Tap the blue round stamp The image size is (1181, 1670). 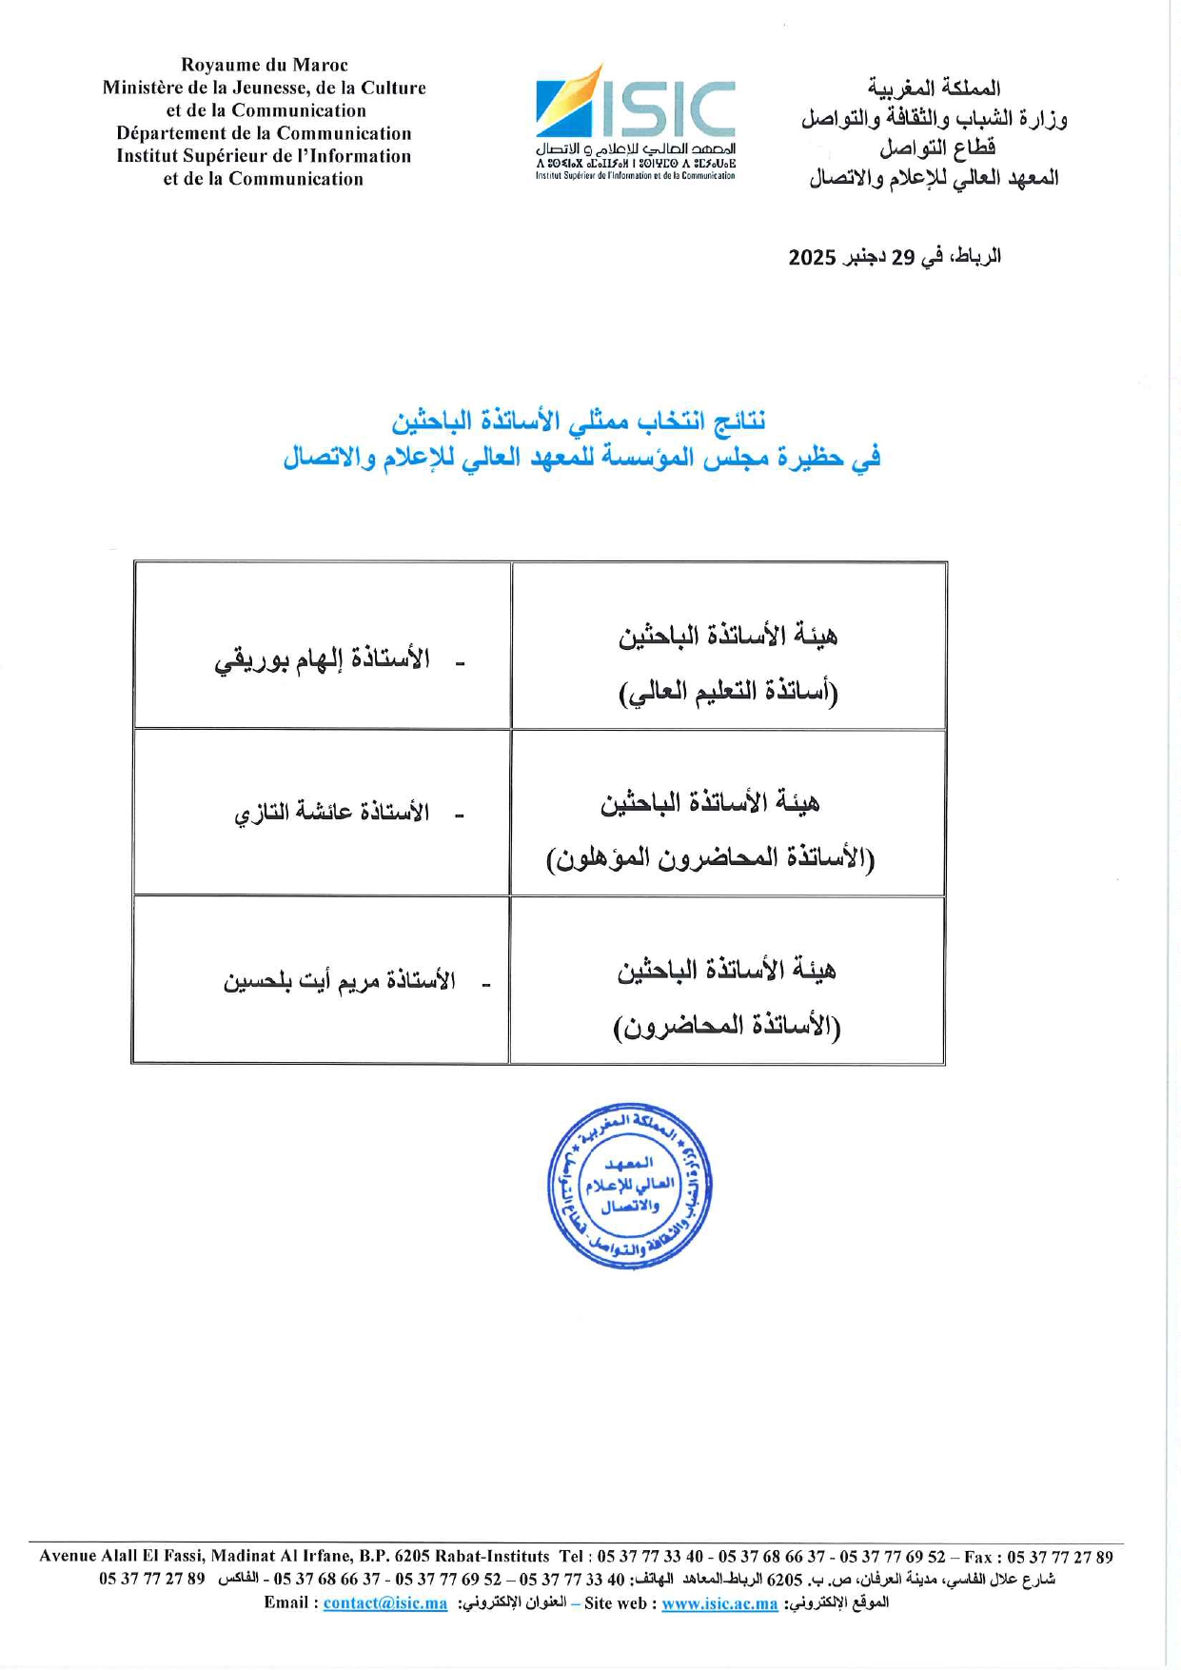629,1186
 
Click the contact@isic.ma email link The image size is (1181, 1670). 384,1603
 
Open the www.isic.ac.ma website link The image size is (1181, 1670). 719,1603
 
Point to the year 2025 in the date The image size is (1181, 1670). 812,257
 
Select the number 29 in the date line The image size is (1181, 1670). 901,257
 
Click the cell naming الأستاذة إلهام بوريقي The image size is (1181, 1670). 322,659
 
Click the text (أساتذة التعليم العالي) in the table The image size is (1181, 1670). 728,692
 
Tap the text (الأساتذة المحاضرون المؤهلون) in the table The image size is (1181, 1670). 710,859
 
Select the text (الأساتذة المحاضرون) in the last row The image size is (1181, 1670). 727,1027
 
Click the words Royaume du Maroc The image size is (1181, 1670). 265,65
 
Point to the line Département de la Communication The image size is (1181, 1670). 265,133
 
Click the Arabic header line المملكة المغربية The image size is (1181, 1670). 934,88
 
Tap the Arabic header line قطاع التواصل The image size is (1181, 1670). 936,148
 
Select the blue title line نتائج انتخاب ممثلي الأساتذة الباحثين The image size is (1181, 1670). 579,421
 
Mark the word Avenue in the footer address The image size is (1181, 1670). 68,1558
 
